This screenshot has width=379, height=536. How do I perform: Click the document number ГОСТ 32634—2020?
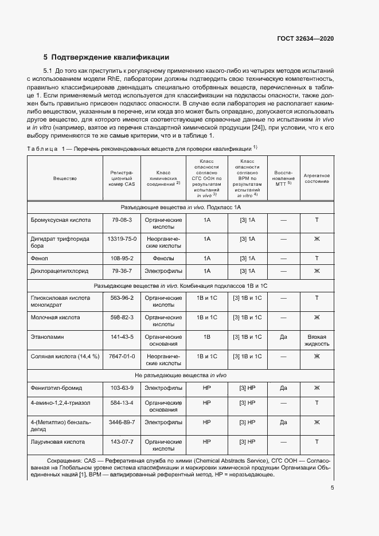click(304, 38)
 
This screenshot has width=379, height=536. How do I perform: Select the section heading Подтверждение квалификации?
click(106, 57)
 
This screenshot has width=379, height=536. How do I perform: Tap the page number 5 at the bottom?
click(332, 488)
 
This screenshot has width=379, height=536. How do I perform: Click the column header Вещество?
click(65, 179)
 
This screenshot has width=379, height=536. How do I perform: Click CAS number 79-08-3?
click(122, 220)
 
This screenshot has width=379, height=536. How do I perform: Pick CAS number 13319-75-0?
click(122, 238)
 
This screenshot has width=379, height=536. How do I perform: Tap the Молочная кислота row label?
click(55, 317)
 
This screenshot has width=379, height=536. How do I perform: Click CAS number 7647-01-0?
click(122, 356)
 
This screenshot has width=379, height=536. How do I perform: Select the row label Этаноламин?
click(47, 337)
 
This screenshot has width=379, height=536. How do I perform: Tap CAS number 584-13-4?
click(122, 403)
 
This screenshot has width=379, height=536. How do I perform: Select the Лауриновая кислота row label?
click(57, 442)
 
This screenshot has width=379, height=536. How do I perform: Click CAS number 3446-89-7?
click(122, 422)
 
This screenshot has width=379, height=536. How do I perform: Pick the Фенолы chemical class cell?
click(163, 258)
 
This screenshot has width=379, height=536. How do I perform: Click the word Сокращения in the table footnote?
click(63, 460)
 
